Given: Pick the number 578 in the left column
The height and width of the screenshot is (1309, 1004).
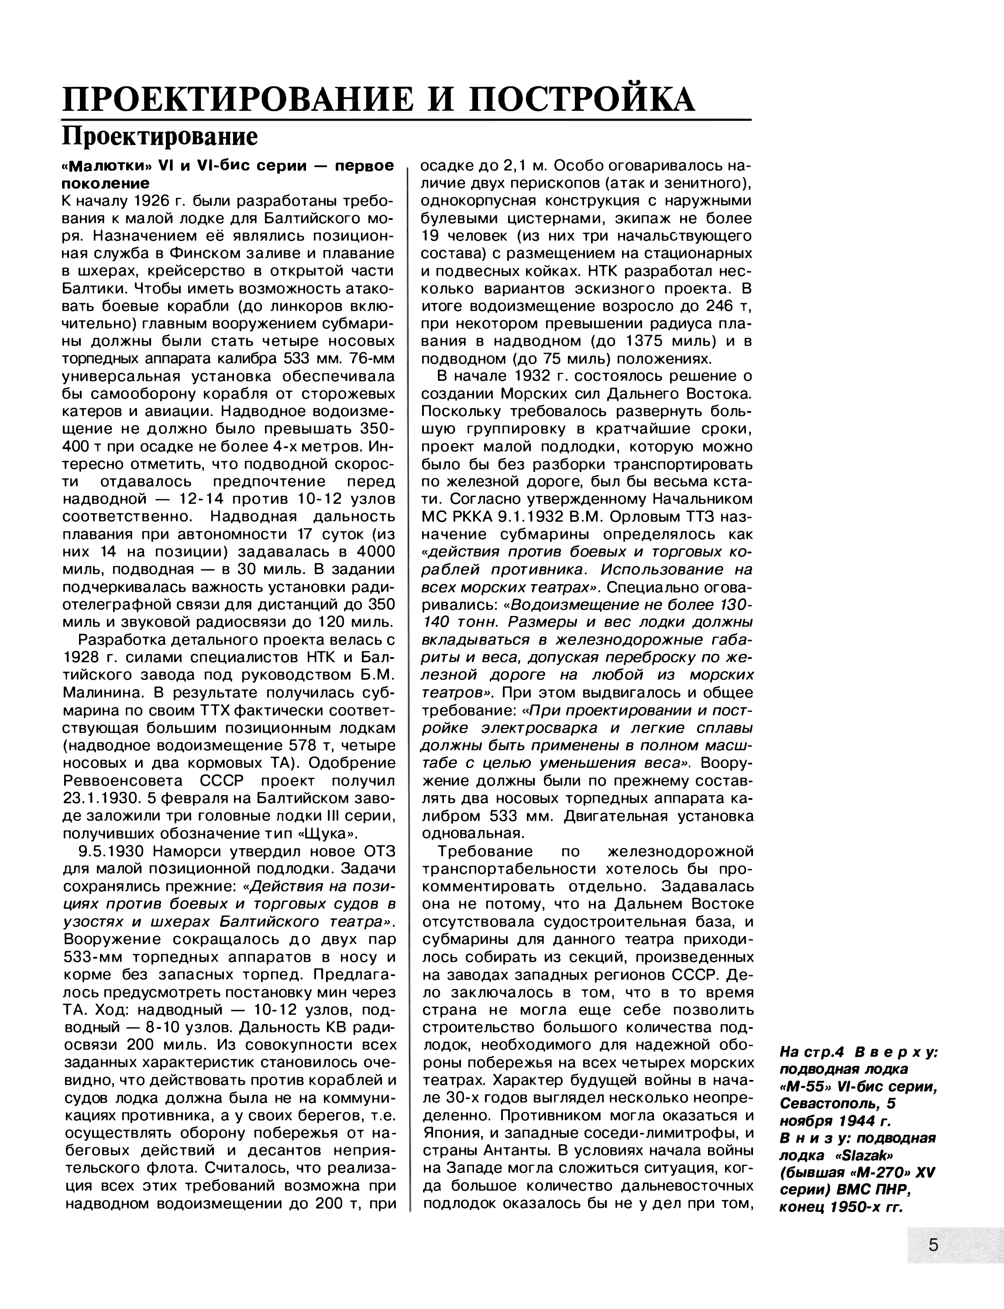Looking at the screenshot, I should pos(321,746).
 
